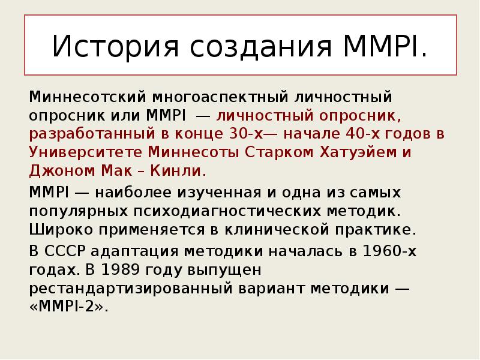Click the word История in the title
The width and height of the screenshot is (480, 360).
point(115,47)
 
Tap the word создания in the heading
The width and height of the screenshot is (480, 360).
point(261,47)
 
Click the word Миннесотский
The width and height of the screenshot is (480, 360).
point(88,97)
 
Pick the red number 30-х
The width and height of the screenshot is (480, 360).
point(246,133)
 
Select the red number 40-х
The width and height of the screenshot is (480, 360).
point(362,133)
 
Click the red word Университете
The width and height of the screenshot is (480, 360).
point(86,152)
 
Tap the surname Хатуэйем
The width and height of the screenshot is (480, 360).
point(358,152)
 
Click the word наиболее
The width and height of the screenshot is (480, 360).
point(133,192)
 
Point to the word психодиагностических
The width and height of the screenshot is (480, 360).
point(227,211)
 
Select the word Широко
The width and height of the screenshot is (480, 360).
point(61,230)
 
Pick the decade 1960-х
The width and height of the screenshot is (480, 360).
point(389,251)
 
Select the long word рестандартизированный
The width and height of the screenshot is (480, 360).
point(131,289)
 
